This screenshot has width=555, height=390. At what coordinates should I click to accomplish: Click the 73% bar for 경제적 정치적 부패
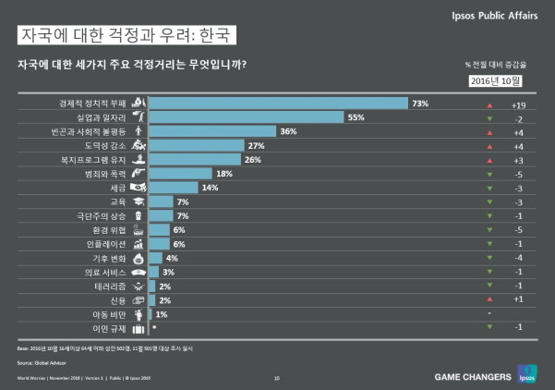[277, 103]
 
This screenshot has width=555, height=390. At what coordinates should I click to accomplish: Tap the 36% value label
[287, 131]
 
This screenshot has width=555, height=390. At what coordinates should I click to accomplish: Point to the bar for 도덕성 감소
[196, 146]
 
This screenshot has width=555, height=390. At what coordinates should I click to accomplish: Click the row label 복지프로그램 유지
[99, 160]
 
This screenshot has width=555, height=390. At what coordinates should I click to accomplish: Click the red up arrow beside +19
[489, 104]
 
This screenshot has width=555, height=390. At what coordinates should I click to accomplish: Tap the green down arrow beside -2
[489, 119]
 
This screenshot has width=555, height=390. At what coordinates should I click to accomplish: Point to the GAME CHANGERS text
[472, 376]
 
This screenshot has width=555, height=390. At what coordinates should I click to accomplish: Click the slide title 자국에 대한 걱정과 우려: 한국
[127, 35]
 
